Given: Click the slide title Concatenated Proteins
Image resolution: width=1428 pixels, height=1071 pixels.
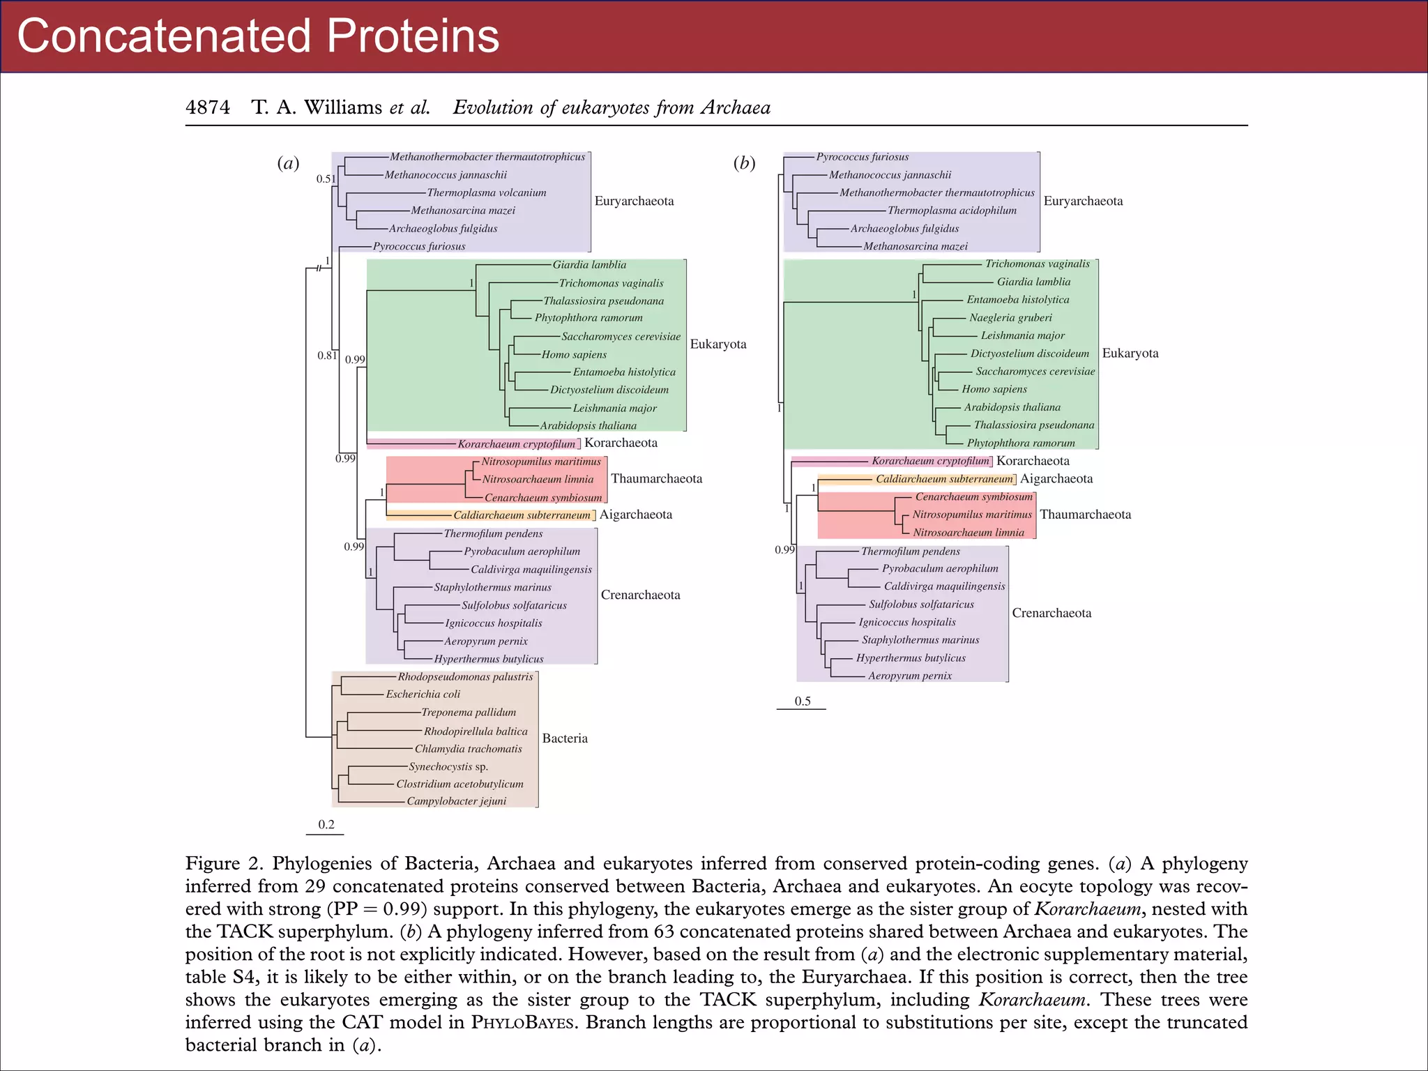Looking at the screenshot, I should pyautogui.click(x=258, y=36).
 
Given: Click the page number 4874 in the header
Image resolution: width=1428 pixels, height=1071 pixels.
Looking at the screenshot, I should pyautogui.click(x=208, y=107).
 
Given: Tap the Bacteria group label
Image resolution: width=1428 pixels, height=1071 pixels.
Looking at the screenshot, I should pyautogui.click(x=565, y=738).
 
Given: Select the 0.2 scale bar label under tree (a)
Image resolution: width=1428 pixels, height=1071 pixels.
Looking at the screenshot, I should pyautogui.click(x=326, y=824).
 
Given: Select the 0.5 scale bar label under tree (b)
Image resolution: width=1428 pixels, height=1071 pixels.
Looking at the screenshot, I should pyautogui.click(x=803, y=701).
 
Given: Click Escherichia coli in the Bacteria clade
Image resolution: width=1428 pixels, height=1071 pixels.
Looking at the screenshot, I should pyautogui.click(x=423, y=694).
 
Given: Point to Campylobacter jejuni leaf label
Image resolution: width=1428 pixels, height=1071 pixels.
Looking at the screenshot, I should pyautogui.click(x=457, y=801).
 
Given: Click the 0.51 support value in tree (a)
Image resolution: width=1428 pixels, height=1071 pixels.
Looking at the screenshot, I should pyautogui.click(x=326, y=179).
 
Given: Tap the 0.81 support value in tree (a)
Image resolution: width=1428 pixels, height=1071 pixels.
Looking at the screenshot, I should pyautogui.click(x=327, y=356).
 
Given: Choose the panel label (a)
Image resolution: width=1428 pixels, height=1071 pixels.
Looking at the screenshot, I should pyautogui.click(x=288, y=163).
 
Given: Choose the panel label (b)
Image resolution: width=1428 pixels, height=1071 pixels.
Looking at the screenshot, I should pyautogui.click(x=744, y=163).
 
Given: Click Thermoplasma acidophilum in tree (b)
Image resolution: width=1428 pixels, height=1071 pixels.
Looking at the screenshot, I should pyautogui.click(x=952, y=211).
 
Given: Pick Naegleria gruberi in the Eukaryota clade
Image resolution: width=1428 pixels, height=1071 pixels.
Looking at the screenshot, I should pyautogui.click(x=1010, y=318).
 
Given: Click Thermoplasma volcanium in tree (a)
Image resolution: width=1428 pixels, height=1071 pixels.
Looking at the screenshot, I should pyautogui.click(x=487, y=193).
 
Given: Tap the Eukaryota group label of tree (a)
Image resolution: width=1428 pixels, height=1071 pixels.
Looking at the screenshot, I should pyautogui.click(x=718, y=344).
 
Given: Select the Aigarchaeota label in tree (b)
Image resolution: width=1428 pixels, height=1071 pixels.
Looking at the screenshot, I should pyautogui.click(x=1056, y=479).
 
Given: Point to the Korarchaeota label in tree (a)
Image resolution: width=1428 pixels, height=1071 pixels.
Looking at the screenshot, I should pyautogui.click(x=621, y=443).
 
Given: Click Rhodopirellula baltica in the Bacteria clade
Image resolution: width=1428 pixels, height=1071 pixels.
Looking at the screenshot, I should pyautogui.click(x=476, y=731).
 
